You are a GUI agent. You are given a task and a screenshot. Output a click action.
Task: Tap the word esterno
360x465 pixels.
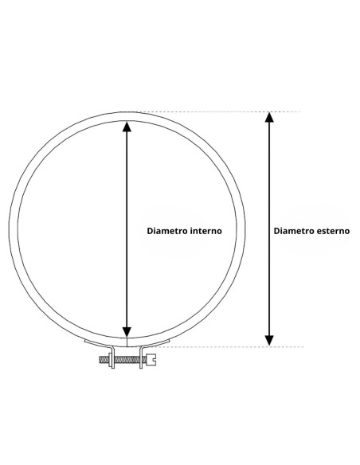point(333,231)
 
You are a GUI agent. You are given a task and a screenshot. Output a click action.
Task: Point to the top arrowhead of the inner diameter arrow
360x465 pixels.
point(127,127)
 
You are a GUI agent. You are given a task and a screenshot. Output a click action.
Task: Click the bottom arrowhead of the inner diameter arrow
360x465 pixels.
point(127,332)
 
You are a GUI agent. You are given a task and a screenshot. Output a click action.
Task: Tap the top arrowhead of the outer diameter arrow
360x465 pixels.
point(269,117)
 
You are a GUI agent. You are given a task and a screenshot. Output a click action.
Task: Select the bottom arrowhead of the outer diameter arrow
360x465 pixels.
point(269,341)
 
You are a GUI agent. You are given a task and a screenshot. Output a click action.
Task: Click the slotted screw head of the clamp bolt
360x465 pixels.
point(151,360)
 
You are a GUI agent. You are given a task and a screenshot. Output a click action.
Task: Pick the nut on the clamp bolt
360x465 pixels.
point(111,360)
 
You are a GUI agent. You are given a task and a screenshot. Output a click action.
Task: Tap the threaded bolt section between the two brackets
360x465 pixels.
point(127,360)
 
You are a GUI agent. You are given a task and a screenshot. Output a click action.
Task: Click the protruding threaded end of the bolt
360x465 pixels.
point(104,360)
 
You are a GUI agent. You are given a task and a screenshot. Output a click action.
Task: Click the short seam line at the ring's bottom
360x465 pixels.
point(127,342)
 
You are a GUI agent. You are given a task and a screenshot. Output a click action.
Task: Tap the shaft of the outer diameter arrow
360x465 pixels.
point(269,229)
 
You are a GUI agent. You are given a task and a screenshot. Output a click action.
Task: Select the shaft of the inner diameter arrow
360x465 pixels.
point(127,229)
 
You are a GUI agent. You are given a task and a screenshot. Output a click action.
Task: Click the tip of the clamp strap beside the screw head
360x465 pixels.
point(169,341)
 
